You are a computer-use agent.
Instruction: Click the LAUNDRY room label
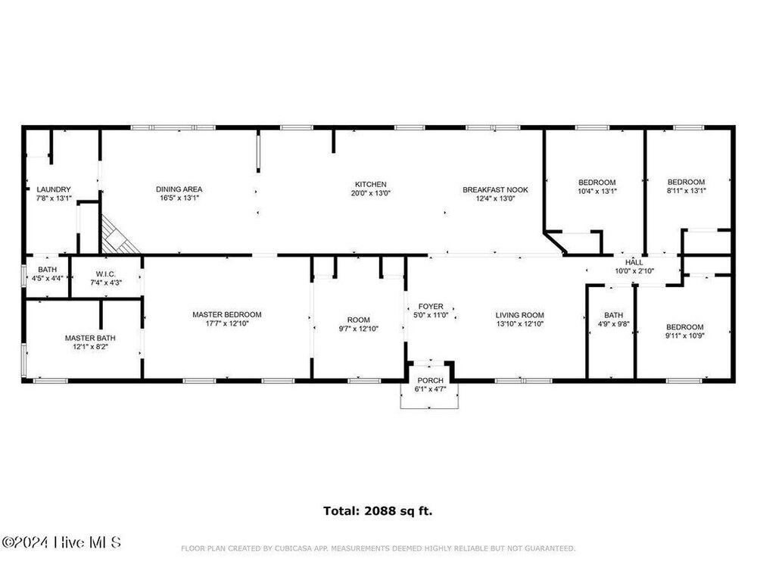click(x=54, y=190)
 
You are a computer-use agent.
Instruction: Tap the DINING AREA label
click(x=179, y=189)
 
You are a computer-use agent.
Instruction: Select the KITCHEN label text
click(x=371, y=185)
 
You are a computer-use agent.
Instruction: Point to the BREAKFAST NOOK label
click(x=495, y=190)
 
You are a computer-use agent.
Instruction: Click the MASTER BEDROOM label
click(x=227, y=315)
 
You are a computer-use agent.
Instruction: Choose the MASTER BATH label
click(x=90, y=338)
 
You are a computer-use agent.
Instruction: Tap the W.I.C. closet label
click(x=106, y=274)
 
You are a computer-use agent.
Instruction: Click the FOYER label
click(x=431, y=307)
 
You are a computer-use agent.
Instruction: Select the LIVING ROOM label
click(x=520, y=315)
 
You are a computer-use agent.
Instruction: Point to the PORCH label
click(x=430, y=381)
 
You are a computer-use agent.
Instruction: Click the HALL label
click(x=634, y=263)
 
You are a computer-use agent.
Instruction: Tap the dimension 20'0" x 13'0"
click(x=371, y=193)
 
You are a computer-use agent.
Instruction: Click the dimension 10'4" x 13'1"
click(x=597, y=192)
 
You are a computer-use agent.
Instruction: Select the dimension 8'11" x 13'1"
click(x=687, y=191)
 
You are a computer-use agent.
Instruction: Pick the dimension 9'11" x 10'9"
click(x=685, y=335)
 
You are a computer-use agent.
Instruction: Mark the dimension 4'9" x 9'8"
click(x=614, y=324)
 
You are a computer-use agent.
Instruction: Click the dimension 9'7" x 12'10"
click(x=359, y=329)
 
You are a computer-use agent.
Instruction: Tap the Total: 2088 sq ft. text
click(x=378, y=511)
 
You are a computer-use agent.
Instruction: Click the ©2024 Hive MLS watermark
click(x=61, y=542)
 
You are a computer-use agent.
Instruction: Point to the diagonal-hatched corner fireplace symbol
click(x=118, y=236)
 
